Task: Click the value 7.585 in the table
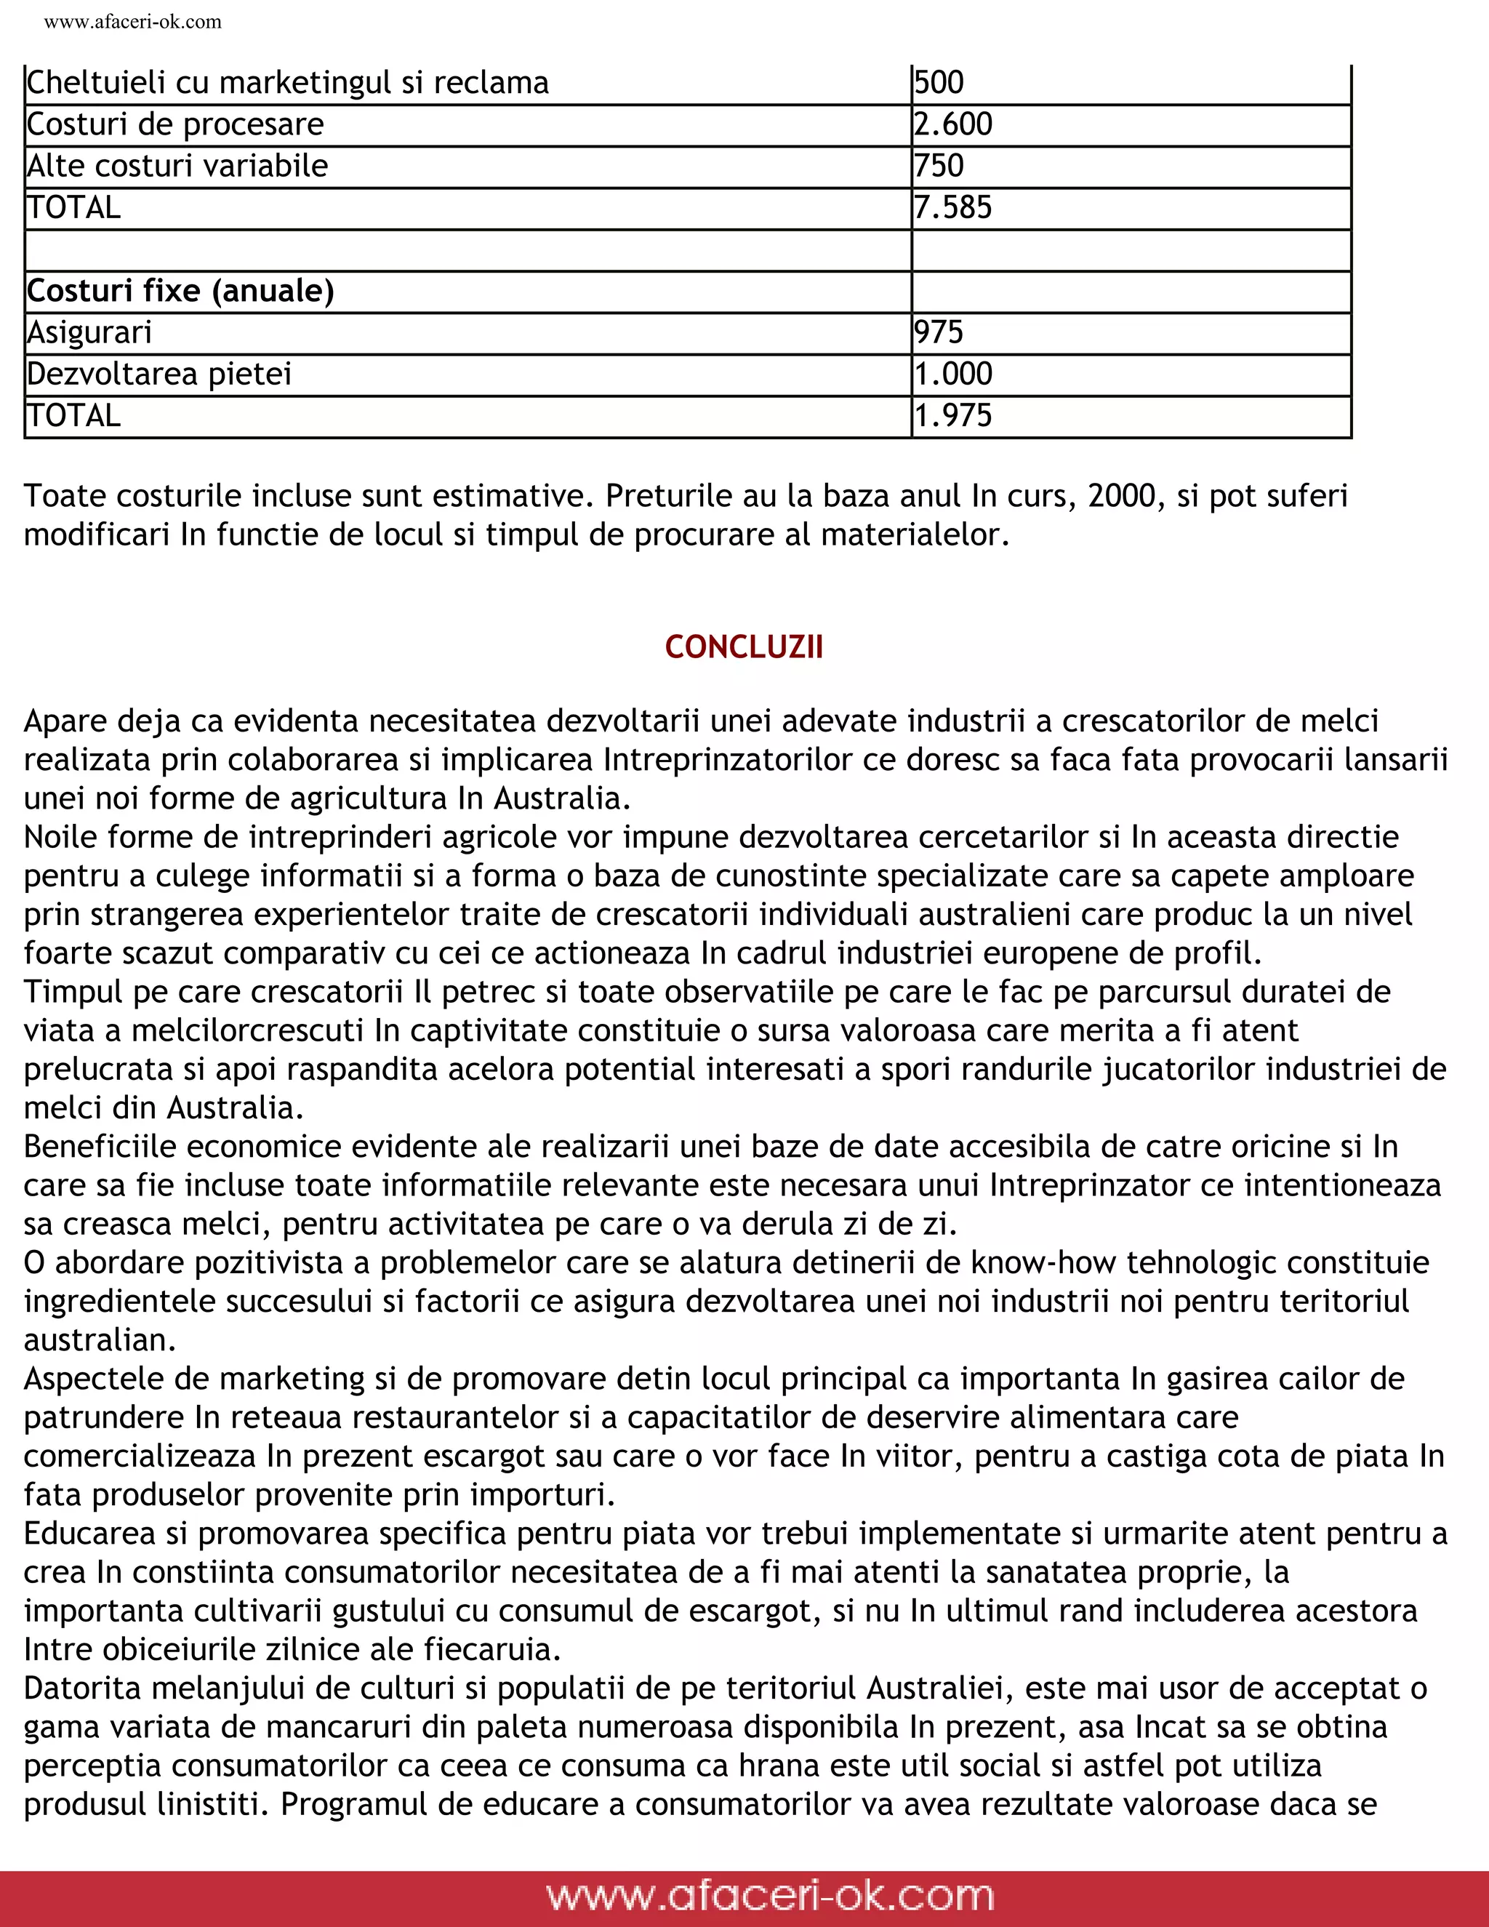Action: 952,207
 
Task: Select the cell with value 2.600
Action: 952,124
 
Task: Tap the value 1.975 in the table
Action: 952,415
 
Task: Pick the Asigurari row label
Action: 89,332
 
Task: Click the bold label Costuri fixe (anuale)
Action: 180,290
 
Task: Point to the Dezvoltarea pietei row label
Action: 158,374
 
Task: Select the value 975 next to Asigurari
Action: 939,332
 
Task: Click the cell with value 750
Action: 939,166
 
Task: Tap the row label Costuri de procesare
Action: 174,124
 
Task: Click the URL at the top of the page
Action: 132,22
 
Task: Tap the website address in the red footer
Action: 769,1895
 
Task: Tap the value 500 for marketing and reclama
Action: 939,83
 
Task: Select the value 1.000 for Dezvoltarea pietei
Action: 952,374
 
